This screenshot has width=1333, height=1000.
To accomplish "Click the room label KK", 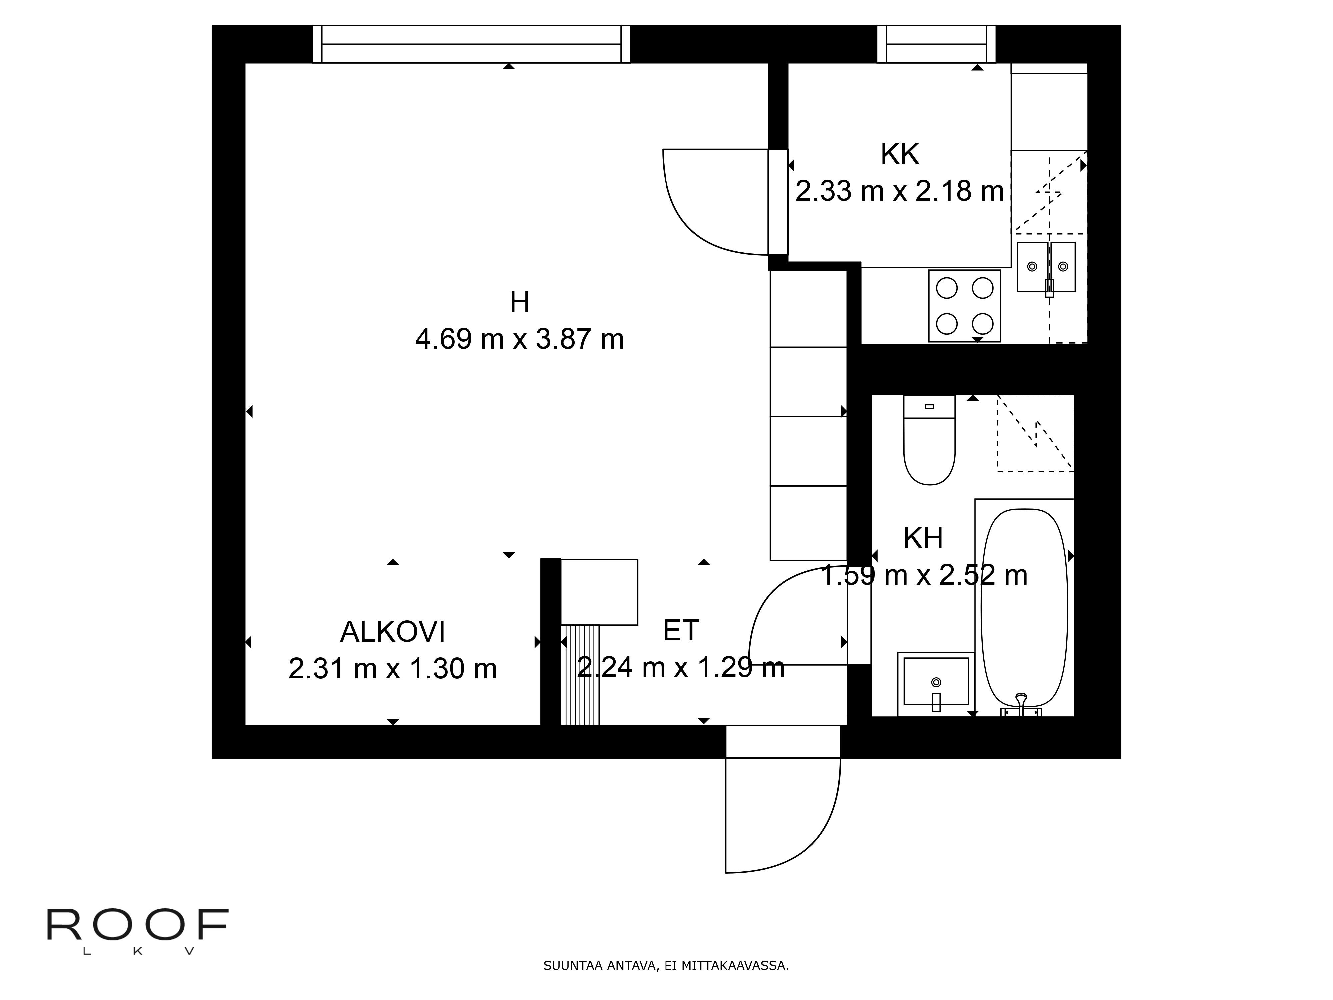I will [900, 154].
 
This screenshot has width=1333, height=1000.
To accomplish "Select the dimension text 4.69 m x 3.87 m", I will [520, 339].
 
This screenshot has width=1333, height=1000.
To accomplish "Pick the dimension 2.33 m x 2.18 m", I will [900, 191].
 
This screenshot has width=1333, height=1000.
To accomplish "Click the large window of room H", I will [471, 44].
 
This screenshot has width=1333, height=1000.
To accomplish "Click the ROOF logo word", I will [137, 925].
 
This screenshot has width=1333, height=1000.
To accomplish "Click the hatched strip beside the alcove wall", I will [580, 675].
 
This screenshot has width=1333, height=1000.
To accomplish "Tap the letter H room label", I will [520, 302].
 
